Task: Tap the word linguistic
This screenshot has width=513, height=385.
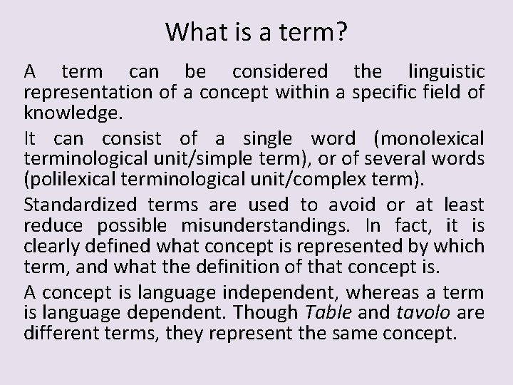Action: point(447,72)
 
